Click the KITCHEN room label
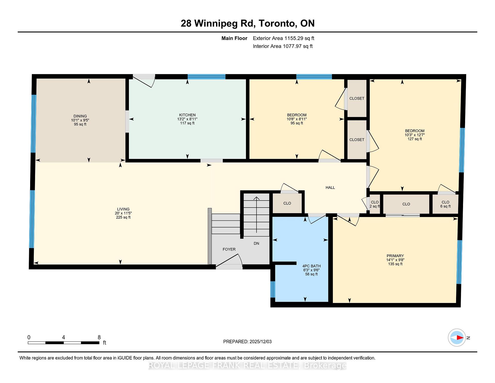[187, 115]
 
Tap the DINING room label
[80, 116]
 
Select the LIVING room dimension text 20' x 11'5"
[123, 213]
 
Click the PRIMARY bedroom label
[395, 256]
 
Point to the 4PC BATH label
[311, 266]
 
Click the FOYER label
[229, 249]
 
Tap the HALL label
[330, 188]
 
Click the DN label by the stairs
[256, 243]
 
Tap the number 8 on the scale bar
[99, 337]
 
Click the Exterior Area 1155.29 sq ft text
[283, 38]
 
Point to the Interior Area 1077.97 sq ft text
[283, 46]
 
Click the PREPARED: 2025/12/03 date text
[247, 341]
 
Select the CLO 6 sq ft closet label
[445, 204]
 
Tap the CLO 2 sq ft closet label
[375, 204]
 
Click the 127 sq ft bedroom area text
[415, 139]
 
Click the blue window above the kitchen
[206, 76]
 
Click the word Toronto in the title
[277, 23]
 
